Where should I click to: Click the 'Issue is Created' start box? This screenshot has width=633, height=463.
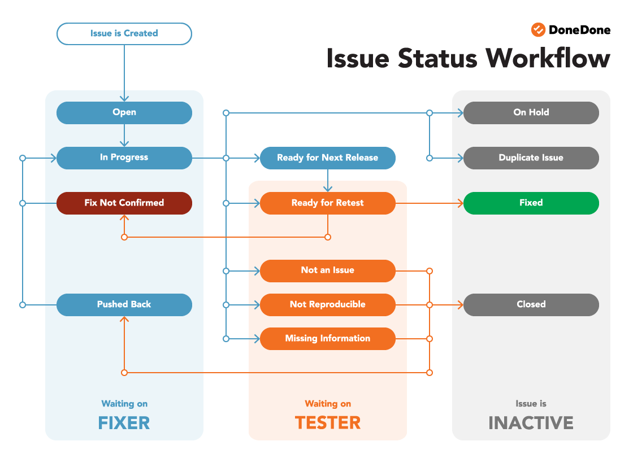click(124, 33)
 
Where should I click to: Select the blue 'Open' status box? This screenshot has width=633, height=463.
click(124, 112)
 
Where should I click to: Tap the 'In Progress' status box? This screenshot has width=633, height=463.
click(124, 158)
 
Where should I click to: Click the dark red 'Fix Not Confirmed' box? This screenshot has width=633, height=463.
click(124, 203)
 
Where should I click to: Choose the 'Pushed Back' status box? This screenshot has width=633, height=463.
click(124, 304)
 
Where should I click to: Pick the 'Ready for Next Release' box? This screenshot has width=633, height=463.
click(328, 158)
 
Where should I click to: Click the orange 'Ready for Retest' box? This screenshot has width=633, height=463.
click(328, 203)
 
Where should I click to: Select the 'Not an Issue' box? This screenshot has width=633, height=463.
click(328, 270)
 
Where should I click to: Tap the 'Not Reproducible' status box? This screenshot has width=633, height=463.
click(328, 304)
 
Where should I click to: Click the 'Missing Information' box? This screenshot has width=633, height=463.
click(328, 338)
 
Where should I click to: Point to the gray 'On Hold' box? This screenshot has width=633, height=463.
click(531, 112)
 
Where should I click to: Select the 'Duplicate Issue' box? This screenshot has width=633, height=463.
click(531, 158)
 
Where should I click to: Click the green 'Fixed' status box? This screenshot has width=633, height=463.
click(531, 203)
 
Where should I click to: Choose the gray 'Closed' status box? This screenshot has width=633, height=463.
click(531, 304)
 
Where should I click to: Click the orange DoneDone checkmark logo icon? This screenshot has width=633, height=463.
click(538, 30)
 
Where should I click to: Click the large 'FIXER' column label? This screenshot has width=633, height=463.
click(124, 423)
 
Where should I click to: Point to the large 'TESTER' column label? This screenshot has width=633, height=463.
click(328, 423)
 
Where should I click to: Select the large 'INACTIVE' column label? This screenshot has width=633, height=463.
click(531, 423)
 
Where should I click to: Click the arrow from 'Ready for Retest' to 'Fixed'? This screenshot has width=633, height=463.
click(430, 203)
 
